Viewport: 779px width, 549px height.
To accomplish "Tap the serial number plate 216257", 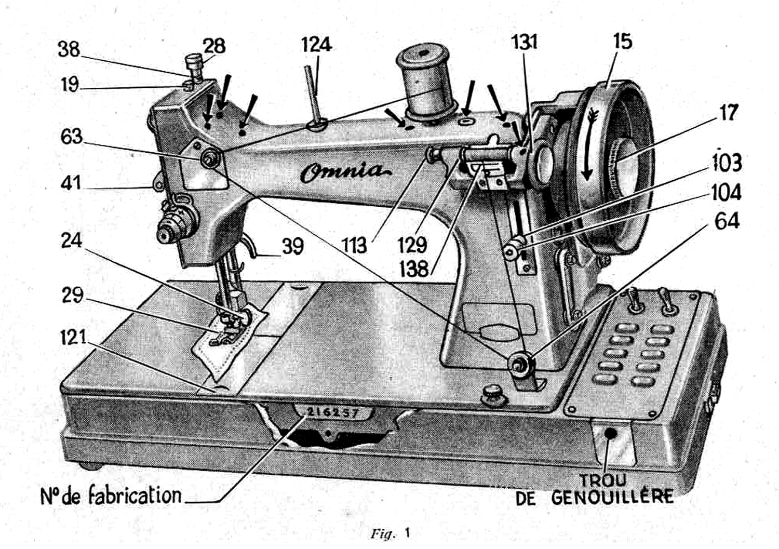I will pos(332,413).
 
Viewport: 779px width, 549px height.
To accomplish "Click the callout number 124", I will pos(316,45).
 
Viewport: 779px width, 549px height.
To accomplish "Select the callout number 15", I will pos(622,41).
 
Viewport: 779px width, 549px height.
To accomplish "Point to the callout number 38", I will pos(69,49).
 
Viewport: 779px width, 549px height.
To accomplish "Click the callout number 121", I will pos(73,337).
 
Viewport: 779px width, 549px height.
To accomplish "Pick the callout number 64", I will pos(727,221).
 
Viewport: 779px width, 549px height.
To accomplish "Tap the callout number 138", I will pos(414,269).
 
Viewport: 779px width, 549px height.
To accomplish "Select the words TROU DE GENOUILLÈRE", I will pos(595,489).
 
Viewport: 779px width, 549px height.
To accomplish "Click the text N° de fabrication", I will pos(111,496).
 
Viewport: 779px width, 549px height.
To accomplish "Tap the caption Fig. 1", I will pos(390,533).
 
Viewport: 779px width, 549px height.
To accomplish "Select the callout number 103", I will pos(727,163).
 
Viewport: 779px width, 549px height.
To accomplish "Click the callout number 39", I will pos(293,246).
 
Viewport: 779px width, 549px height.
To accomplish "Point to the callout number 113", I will pos(354,245).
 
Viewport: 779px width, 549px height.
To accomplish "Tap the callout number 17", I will pos(729,112).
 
